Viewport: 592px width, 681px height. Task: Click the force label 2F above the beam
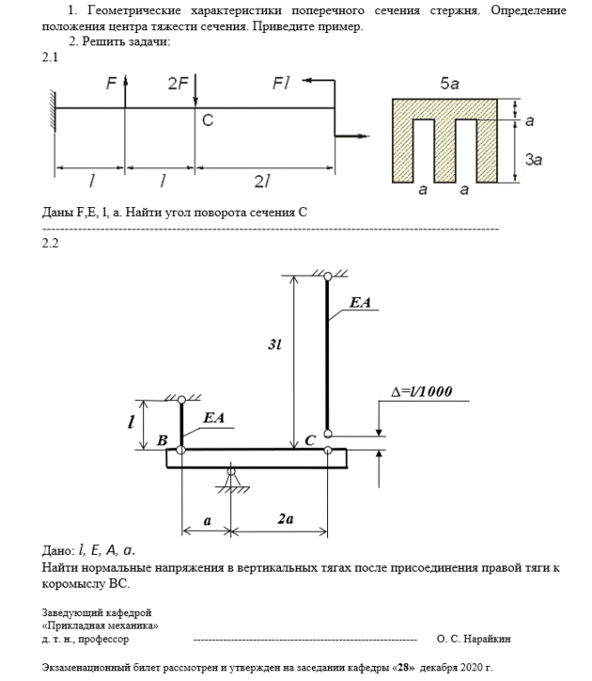177,84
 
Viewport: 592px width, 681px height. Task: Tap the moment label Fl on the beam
282,84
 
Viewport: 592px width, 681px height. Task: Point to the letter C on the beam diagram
207,120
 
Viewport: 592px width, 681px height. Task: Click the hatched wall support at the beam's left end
52,109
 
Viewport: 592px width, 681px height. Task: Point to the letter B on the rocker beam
162,440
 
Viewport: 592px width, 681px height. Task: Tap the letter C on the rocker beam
310,440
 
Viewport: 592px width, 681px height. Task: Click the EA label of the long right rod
360,303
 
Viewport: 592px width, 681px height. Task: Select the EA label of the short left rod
213,416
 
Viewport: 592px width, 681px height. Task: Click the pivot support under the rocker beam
232,480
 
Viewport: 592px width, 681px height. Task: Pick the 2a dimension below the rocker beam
285,520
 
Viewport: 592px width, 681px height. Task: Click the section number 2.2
50,244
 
